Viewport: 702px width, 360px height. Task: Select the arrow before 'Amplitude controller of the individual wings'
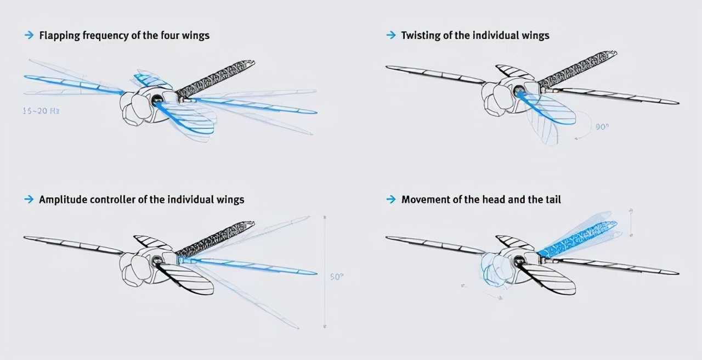(29, 199)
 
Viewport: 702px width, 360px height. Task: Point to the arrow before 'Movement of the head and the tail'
(391, 199)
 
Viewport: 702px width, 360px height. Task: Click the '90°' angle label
(603, 127)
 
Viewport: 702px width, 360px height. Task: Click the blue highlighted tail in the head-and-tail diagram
(579, 237)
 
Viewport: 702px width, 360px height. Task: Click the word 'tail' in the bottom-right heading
(552, 199)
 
